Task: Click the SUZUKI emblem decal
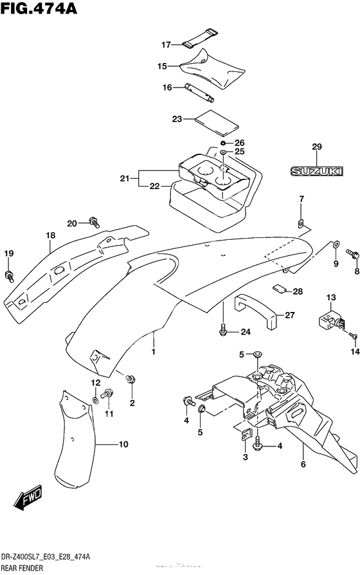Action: pyautogui.click(x=317, y=171)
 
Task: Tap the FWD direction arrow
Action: pyautogui.click(x=28, y=498)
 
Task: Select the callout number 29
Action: pyautogui.click(x=317, y=147)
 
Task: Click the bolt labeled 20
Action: pyautogui.click(x=94, y=221)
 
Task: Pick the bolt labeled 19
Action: pyautogui.click(x=9, y=276)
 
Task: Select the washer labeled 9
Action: pyautogui.click(x=336, y=244)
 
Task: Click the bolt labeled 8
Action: pyautogui.click(x=353, y=253)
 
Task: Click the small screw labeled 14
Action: pyautogui.click(x=354, y=335)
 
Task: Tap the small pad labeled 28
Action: pyautogui.click(x=280, y=289)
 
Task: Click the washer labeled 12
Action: pyautogui.click(x=95, y=399)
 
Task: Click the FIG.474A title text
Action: pyautogui.click(x=39, y=8)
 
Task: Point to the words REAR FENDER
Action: pyautogui.click(x=22, y=568)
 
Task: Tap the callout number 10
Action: pyautogui.click(x=123, y=444)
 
